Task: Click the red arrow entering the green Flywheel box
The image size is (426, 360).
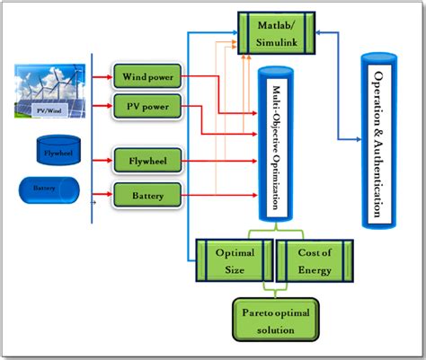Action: point(102,162)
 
